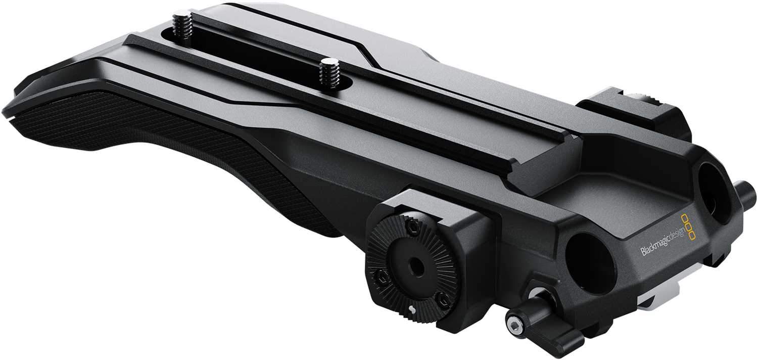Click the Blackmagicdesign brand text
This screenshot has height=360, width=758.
[663, 241]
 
